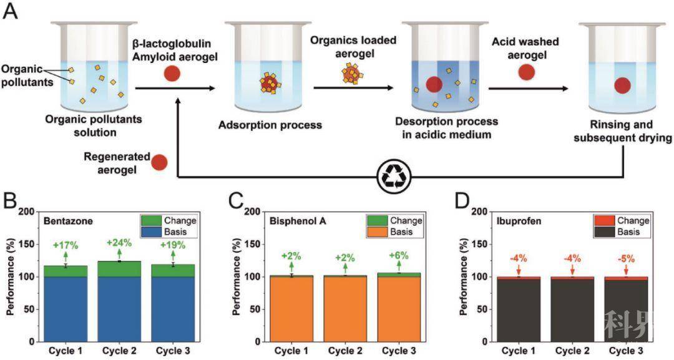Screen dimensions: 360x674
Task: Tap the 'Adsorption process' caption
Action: click(270, 125)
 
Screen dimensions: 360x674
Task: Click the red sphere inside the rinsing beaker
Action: click(622, 86)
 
